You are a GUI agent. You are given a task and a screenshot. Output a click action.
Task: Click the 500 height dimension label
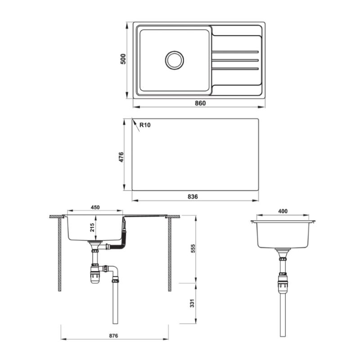[x=123, y=59]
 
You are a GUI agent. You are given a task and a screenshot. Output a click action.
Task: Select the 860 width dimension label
[x=200, y=103]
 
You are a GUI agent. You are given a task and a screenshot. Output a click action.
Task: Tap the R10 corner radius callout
[x=145, y=125]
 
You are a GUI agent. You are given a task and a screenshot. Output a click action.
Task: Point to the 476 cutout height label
[x=121, y=157]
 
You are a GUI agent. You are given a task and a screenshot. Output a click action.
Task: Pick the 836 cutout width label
[x=193, y=197]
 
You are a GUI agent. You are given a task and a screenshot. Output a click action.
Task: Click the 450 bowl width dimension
[x=95, y=207]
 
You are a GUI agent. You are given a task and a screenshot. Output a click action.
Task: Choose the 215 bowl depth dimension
[x=92, y=227]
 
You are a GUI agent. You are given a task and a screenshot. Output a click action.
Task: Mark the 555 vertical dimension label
[x=193, y=249]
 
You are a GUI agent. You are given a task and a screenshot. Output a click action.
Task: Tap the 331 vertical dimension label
[x=193, y=303]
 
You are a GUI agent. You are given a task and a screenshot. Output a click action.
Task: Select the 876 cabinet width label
[x=113, y=336]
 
